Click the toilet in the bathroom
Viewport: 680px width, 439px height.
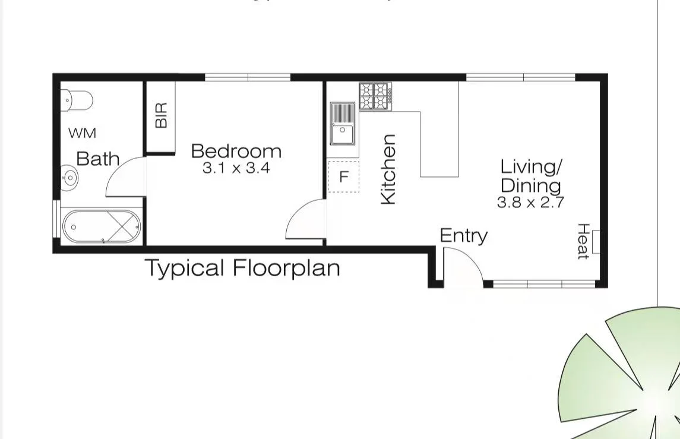coord(78,100)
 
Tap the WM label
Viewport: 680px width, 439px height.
coord(82,133)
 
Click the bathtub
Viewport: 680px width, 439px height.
coord(102,226)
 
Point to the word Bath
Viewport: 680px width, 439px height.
coord(98,159)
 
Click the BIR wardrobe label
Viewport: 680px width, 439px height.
coord(161,115)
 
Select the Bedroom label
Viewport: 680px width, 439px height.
coord(236,151)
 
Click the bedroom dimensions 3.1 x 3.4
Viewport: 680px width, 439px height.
coord(236,168)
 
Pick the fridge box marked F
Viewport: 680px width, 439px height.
coord(343,176)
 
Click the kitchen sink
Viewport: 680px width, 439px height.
coord(343,124)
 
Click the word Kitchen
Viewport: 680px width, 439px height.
coord(388,169)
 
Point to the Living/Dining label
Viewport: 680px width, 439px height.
coord(530,176)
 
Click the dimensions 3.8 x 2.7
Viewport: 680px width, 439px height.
coord(530,202)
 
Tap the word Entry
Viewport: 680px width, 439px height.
coord(463,236)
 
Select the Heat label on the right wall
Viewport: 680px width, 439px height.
coord(583,241)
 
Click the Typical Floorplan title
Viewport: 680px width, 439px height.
coord(243,268)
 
